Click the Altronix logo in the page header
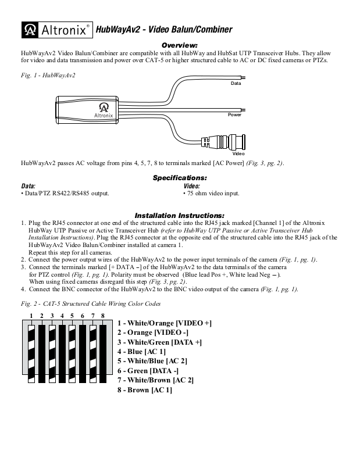pos(56,29)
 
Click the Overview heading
pos(180,45)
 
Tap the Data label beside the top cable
pos(236,84)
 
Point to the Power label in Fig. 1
pos(234,115)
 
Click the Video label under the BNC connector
pos(238,153)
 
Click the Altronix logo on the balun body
pos(103,110)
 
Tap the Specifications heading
pos(180,177)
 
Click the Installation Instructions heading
pos(180,214)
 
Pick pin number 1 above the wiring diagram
pos(31,316)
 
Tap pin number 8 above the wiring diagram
pos(102,316)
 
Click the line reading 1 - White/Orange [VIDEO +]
pos(164,323)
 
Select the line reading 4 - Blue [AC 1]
pos(141,352)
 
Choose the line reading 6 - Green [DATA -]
pos(148,370)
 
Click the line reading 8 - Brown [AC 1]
pos(144,389)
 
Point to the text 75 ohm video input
pos(211,193)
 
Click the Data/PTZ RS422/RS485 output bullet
pos(65,193)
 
